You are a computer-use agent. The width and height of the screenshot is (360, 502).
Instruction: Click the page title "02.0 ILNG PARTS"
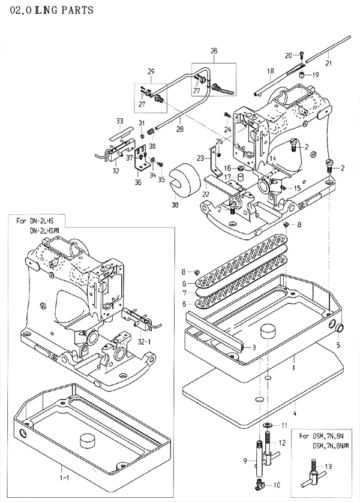coord(43,9)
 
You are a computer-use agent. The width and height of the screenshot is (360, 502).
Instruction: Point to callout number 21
coord(328,62)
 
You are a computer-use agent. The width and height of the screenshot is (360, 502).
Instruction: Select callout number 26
coord(213,52)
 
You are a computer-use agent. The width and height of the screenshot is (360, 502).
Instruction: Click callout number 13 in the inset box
coord(328,467)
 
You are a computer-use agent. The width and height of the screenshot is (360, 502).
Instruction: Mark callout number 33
coord(120,121)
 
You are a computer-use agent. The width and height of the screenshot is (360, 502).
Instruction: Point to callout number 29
coord(151,72)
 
